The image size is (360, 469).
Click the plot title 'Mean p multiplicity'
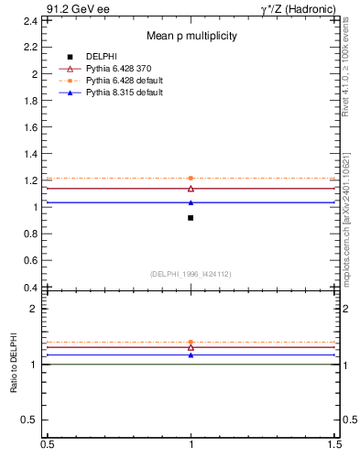coord(192,37)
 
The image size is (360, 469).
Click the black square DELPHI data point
coord(191,218)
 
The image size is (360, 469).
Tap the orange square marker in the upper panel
coord(191,178)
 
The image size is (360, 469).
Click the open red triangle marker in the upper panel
coord(191,189)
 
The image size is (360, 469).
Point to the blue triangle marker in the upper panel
coord(191,202)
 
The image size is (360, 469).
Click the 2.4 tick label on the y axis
coord(30,20)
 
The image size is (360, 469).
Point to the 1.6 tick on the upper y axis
coord(30,126)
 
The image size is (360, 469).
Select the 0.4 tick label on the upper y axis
coord(30,287)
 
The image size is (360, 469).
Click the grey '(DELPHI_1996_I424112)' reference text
coord(191,274)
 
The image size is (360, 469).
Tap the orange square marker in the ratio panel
coord(191,343)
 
